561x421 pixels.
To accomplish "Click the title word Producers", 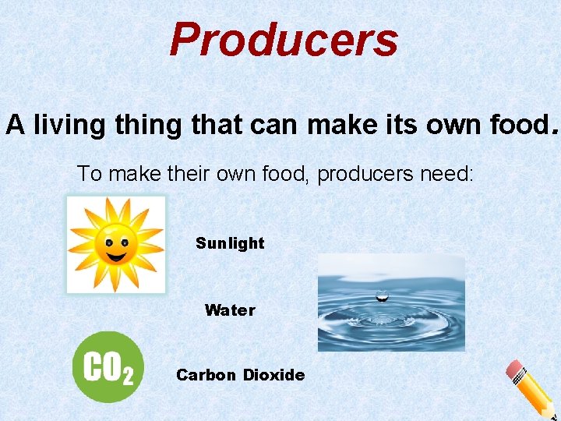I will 284,41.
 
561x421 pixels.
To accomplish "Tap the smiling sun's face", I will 115,244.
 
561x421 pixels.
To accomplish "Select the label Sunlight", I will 230,243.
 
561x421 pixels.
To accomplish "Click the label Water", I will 230,310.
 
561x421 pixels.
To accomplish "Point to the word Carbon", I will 206,375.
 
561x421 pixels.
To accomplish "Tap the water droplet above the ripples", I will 383,295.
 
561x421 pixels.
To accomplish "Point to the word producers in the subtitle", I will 363,173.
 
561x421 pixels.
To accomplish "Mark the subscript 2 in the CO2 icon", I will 127,377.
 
